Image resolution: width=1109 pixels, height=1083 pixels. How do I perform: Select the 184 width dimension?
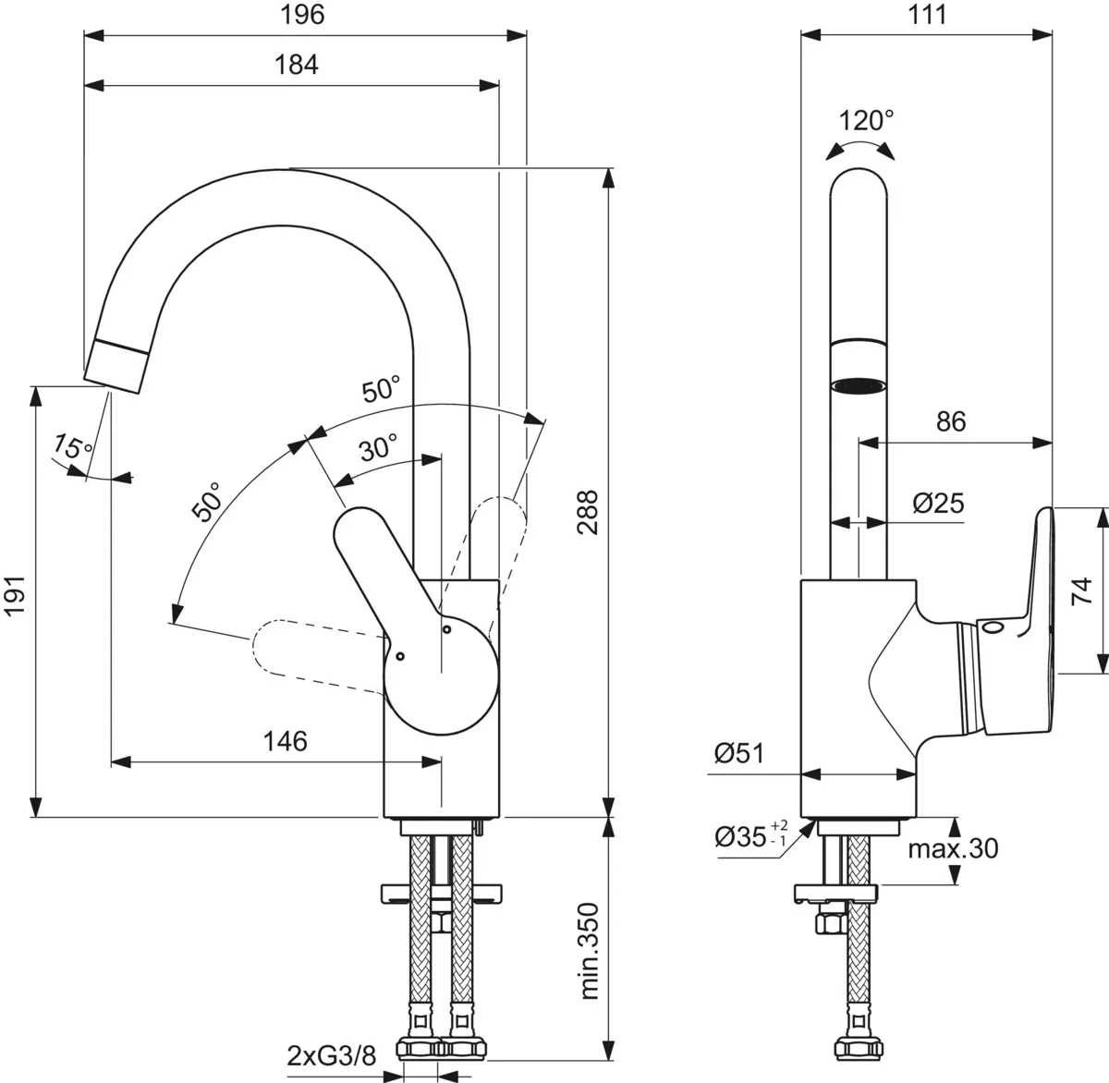[298, 65]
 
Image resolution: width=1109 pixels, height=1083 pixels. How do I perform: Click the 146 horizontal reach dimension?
[286, 741]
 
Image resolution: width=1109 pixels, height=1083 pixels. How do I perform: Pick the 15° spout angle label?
[72, 449]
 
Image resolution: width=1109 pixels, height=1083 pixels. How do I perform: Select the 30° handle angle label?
[378, 449]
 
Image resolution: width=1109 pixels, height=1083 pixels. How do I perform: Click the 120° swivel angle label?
[866, 121]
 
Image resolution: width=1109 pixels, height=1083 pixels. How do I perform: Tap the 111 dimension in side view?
[927, 15]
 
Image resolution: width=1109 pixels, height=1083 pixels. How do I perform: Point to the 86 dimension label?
[950, 422]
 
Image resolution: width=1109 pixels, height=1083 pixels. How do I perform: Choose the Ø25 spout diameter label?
[937, 503]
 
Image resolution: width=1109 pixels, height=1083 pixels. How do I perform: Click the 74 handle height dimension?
[1083, 590]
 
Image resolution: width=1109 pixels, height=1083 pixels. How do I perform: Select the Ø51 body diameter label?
[739, 754]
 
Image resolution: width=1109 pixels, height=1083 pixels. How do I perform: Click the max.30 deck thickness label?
[952, 848]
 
